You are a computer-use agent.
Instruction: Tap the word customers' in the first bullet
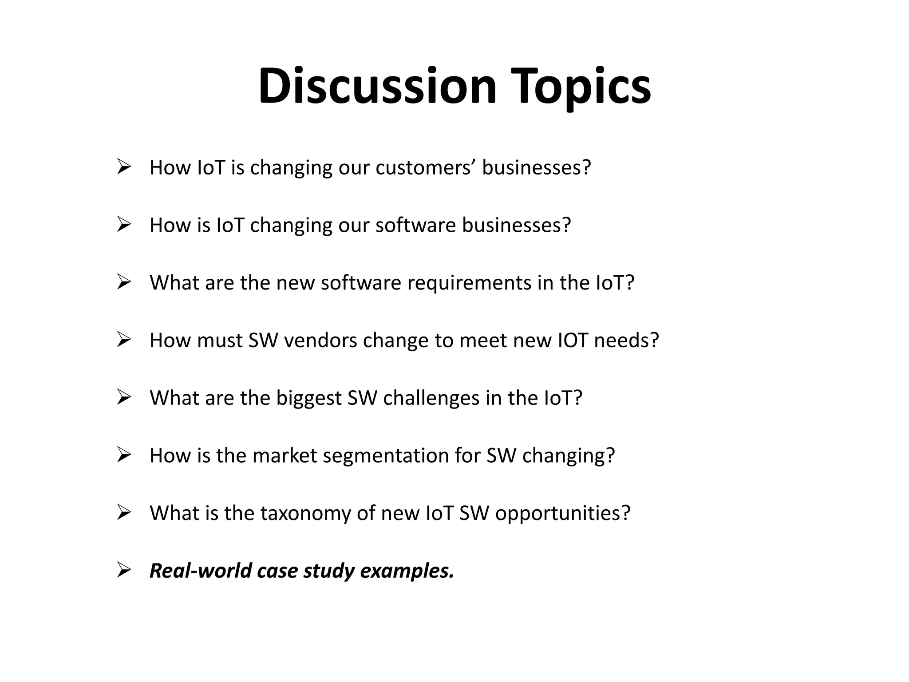coord(426,167)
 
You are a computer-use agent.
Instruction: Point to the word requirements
coord(469,283)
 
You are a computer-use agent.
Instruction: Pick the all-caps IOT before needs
coord(573,341)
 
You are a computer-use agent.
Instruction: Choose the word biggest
coord(309,398)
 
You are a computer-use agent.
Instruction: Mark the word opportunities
coord(562,514)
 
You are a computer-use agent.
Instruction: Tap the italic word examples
coord(407,571)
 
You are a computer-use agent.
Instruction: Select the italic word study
coord(328,571)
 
